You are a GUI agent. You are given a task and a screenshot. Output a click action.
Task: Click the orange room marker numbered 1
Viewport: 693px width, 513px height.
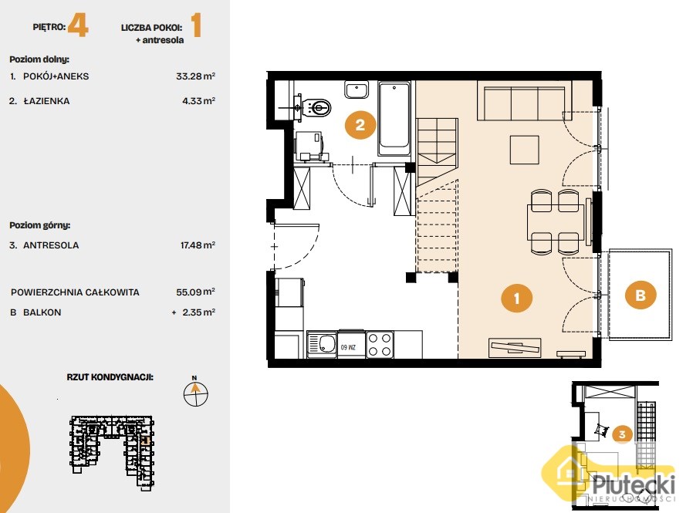click(516, 298)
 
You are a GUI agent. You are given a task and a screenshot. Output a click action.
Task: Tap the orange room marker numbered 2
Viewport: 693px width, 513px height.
click(360, 125)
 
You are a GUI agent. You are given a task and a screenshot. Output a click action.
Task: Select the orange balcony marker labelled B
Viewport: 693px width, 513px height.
click(641, 295)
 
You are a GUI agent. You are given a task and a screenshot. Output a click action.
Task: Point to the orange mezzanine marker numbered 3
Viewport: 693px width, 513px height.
click(622, 434)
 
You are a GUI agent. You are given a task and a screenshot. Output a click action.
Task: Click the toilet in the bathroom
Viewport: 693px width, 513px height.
click(316, 107)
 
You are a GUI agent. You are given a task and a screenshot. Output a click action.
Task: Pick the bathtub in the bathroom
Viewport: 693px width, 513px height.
click(394, 119)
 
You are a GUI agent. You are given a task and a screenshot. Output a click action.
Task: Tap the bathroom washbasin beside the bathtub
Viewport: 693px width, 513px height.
click(357, 89)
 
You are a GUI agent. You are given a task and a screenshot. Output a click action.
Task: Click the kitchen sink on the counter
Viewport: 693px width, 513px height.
click(322, 344)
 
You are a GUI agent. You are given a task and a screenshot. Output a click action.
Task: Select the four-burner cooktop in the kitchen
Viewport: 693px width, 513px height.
click(380, 345)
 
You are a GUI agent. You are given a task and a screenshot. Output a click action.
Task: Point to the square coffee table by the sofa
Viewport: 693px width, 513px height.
click(525, 150)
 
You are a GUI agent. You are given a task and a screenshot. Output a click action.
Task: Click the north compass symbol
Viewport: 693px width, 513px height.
click(195, 392)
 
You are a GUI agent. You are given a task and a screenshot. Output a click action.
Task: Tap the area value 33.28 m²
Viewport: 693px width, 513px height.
click(195, 76)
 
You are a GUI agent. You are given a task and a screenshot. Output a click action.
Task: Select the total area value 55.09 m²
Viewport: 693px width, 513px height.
click(195, 292)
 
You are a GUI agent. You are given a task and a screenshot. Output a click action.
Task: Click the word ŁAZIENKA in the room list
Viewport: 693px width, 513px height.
click(46, 101)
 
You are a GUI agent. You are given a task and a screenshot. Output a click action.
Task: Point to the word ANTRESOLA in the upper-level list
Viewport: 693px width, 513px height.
click(51, 245)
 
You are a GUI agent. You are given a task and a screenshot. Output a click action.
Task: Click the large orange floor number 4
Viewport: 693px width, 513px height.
click(78, 25)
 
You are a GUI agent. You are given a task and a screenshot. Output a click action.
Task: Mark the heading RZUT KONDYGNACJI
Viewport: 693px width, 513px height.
click(110, 377)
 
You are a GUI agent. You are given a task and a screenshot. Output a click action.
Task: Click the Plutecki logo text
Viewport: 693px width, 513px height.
click(634, 484)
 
